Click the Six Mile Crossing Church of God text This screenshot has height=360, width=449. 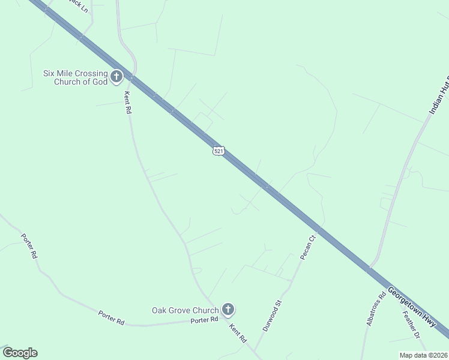point(74,77)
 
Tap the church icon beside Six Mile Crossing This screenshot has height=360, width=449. point(116,77)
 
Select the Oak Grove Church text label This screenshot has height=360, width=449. point(185,310)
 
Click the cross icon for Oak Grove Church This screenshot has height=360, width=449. point(228,310)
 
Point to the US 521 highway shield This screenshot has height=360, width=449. point(218,151)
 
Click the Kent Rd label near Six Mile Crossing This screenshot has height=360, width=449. point(127,102)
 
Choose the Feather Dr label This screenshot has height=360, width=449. point(412,324)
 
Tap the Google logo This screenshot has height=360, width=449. point(20,353)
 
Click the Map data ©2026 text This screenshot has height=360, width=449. point(423,355)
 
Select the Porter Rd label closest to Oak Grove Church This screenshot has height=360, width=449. point(204,320)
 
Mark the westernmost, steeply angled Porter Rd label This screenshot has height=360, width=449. point(29,246)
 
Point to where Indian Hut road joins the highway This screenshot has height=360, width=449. point(373,266)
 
